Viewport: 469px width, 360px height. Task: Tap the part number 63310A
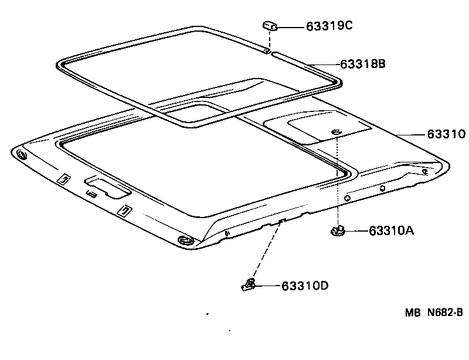pos(392,231)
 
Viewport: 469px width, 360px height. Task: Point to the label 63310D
pos(304,286)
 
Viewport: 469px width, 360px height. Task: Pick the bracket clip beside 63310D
pos(249,285)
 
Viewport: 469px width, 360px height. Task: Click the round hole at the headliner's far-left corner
pos(22,155)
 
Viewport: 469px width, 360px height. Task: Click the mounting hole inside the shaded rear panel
pos(335,133)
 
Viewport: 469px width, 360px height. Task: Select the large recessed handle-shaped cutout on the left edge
pos(107,186)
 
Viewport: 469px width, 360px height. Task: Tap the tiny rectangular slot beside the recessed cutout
pos(91,193)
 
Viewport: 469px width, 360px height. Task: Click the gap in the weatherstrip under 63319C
pos(270,54)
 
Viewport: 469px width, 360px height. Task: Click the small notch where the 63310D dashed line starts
pos(282,221)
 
